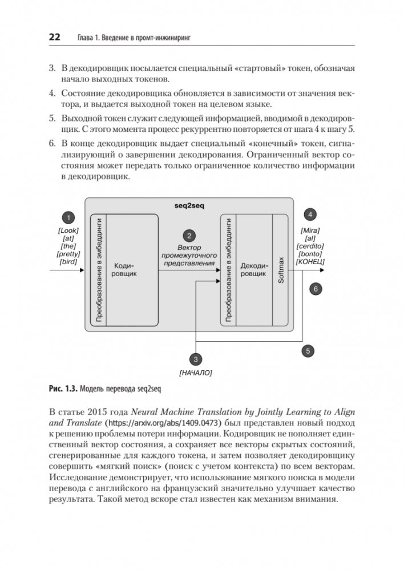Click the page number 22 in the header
coord(54,38)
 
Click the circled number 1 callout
coord(68,217)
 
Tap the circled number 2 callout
coord(188,235)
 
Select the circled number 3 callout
coord(195,359)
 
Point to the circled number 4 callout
coord(309,215)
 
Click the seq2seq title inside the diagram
coord(188,204)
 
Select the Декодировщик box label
coord(253,270)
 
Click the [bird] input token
coord(68,262)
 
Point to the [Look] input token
coord(68,230)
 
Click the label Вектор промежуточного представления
coord(189,256)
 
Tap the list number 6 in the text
coord(52,142)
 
